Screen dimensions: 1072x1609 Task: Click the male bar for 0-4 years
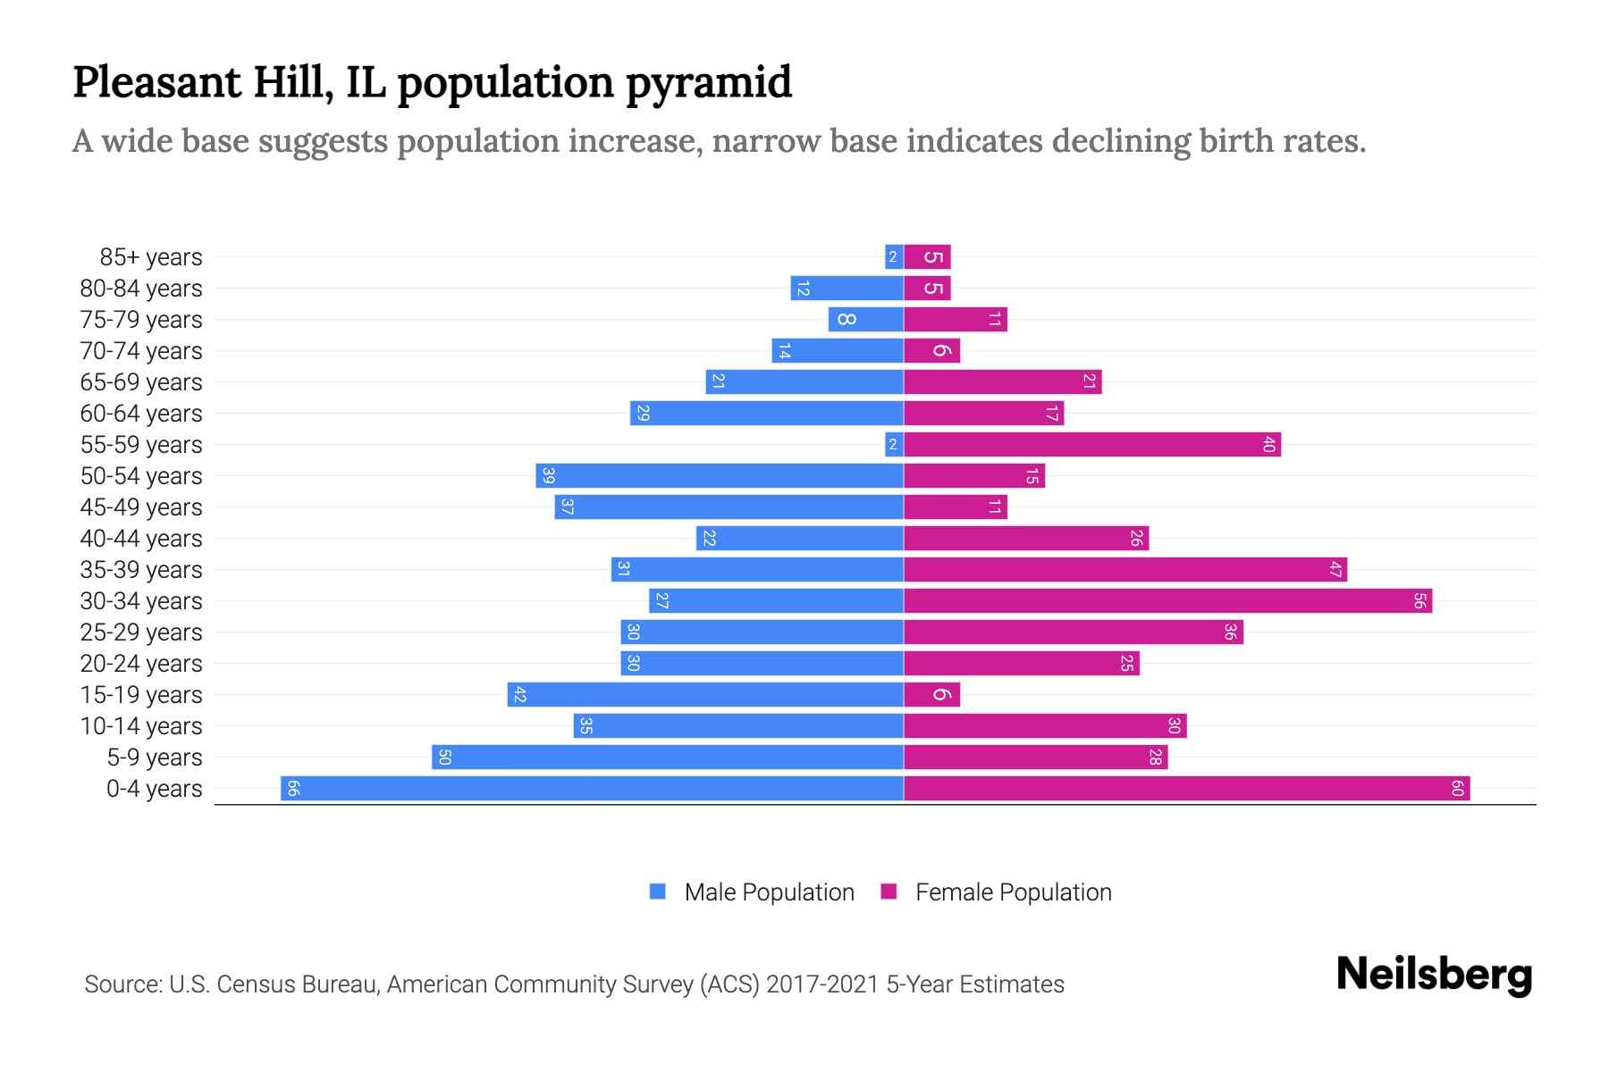tap(592, 788)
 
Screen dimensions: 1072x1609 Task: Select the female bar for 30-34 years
tap(1167, 600)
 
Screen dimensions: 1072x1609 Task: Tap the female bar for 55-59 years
tap(1091, 444)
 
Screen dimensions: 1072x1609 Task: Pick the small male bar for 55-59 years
tap(894, 444)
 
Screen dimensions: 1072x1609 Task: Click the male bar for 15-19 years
tap(705, 694)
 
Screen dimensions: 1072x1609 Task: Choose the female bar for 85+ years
tap(927, 257)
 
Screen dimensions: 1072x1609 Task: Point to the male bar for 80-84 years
tap(847, 288)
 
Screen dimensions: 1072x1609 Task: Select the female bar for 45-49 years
tap(955, 507)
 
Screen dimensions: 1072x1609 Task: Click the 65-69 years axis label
tap(141, 382)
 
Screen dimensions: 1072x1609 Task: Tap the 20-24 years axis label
tap(141, 664)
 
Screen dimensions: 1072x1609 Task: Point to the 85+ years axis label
tap(151, 257)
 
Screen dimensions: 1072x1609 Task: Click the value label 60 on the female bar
tap(1457, 788)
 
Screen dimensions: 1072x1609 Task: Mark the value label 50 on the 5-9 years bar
tap(445, 758)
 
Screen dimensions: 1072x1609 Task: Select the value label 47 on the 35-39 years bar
tap(1335, 570)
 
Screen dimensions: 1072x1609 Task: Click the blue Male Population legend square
tap(658, 892)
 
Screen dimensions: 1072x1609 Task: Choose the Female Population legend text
tap(1013, 892)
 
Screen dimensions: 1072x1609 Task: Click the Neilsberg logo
tap(1434, 975)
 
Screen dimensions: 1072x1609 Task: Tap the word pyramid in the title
tap(708, 83)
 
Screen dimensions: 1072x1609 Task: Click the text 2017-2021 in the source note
tap(822, 984)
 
